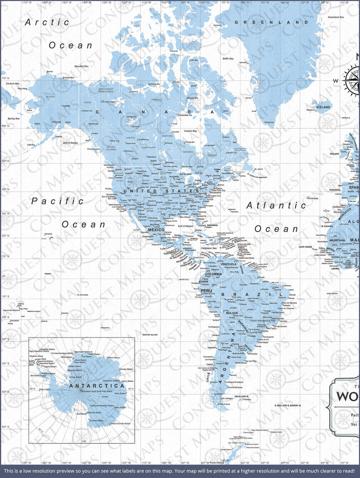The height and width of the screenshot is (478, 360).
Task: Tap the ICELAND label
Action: click(323, 107)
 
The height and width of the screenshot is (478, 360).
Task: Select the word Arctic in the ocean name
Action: click(47, 22)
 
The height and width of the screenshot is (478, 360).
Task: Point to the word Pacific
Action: click(57, 200)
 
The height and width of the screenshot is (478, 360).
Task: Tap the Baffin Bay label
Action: click(228, 59)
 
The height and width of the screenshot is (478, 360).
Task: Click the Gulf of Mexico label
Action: click(185, 226)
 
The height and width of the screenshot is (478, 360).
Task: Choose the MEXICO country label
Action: click(156, 230)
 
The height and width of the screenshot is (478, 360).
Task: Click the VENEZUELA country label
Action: click(228, 264)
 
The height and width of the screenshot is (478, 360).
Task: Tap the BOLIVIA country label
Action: click(232, 313)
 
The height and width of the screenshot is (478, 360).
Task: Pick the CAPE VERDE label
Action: click(306, 247)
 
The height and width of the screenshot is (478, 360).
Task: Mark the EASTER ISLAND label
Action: click(150, 335)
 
